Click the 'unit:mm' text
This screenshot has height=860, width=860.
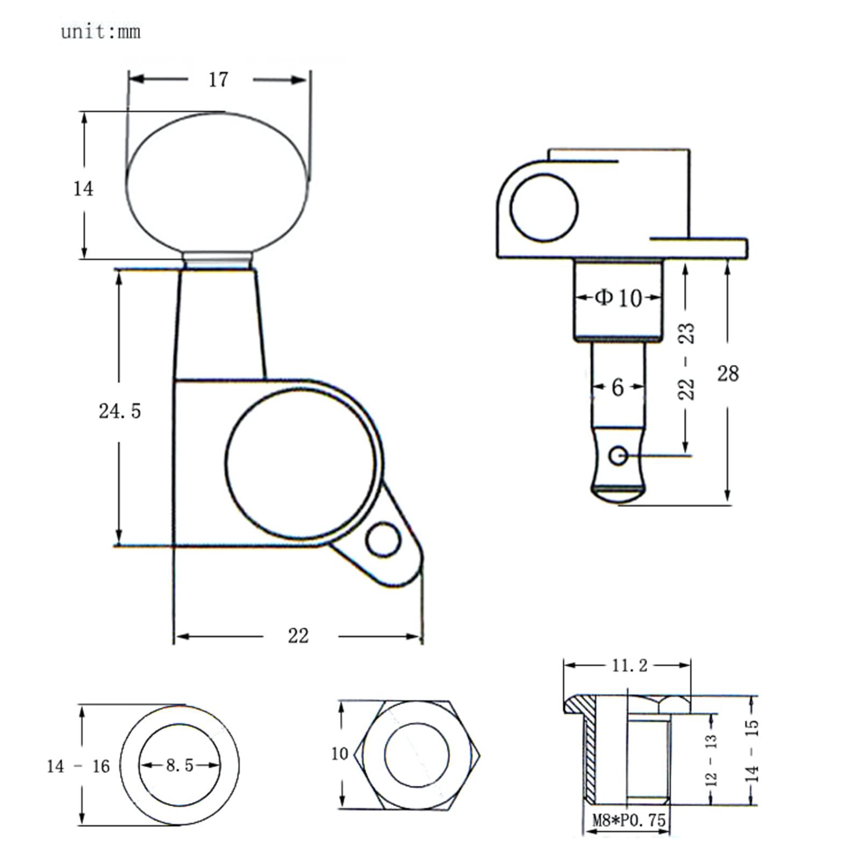101,32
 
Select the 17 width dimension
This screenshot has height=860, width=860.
218,80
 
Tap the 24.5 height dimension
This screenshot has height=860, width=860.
119,411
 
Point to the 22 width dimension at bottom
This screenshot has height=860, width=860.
298,636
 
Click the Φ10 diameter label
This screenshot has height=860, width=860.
618,297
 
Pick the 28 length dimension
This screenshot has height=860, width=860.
728,373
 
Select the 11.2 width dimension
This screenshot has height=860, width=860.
630,666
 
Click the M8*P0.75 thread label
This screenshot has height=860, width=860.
629,820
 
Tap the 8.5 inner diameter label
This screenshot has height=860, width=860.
180,765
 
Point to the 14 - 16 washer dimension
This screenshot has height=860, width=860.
78,766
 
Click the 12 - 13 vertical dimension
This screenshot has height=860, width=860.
711,760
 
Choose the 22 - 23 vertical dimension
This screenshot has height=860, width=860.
686,361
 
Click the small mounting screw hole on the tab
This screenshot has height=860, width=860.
383,539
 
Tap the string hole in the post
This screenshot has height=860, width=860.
618,456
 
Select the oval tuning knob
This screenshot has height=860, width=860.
218,183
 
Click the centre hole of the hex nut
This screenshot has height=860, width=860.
417,755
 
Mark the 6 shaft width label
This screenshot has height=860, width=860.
618,387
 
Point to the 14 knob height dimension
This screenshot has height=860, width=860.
83,189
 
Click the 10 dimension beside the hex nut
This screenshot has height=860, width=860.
340,754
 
